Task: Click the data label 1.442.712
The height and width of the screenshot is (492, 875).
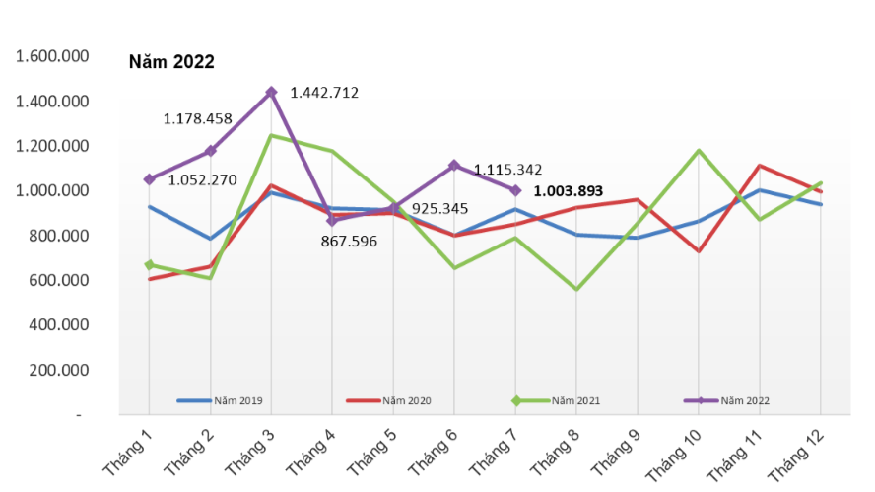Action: tap(324, 93)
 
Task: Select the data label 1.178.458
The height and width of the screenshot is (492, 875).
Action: tap(198, 119)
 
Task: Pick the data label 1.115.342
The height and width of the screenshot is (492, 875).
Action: tap(508, 170)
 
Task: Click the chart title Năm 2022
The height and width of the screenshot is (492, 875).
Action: tap(171, 62)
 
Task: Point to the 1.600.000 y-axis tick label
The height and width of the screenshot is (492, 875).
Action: tap(53, 56)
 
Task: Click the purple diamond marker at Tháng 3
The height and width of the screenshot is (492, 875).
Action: tap(271, 93)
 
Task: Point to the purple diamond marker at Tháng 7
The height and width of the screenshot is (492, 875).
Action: tap(515, 190)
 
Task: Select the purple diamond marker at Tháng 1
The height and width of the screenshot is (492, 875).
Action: tap(149, 179)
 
